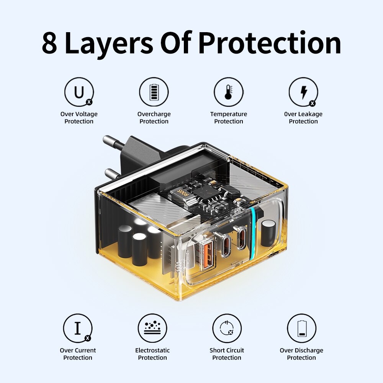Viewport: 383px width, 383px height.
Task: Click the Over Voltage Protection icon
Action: coord(79,92)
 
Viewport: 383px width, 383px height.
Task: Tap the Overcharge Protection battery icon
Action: coord(154,92)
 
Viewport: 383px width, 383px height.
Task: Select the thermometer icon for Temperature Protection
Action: coord(229,92)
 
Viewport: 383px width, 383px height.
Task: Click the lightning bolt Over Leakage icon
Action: coord(303,92)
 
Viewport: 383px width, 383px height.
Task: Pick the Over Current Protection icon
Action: coord(78,328)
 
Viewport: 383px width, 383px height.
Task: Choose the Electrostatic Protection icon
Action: coord(152,328)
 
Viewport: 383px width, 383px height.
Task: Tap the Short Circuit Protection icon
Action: coord(227,328)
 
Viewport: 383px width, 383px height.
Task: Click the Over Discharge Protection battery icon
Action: coord(302,328)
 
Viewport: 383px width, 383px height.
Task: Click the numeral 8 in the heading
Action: coord(49,43)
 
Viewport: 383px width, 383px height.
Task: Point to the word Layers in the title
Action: coord(109,44)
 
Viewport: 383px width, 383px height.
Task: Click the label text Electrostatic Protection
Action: coord(152,354)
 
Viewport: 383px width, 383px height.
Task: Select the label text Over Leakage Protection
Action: coord(303,118)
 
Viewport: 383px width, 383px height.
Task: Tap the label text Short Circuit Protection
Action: coord(227,354)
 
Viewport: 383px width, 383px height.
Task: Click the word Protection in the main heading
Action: coord(270,43)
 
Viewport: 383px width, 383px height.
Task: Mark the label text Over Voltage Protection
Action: coord(79,118)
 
